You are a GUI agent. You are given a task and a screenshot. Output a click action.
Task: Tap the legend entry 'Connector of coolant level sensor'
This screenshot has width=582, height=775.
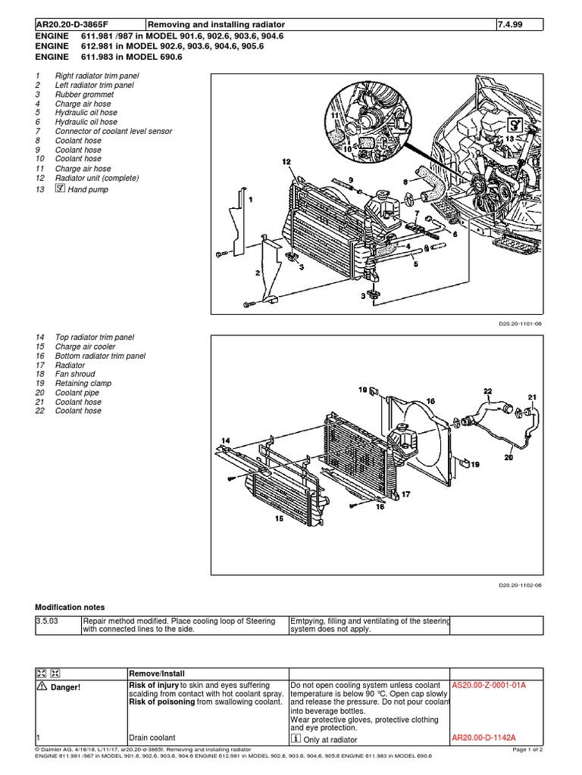[x=114, y=131]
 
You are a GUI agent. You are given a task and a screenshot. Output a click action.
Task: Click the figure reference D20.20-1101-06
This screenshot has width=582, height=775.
[x=521, y=323]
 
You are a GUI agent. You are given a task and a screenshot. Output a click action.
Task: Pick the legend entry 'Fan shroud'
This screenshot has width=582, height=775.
[x=76, y=374]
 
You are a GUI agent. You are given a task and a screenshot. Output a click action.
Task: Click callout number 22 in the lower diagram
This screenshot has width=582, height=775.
[x=487, y=391]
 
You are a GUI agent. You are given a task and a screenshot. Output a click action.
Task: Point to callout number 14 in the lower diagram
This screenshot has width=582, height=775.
[x=225, y=440]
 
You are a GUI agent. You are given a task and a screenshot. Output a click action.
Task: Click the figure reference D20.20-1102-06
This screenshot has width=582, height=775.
[x=521, y=584]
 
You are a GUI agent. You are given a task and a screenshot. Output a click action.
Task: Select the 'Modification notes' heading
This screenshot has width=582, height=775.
[x=70, y=607]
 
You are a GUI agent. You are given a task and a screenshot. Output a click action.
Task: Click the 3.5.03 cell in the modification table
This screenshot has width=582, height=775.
[x=47, y=621]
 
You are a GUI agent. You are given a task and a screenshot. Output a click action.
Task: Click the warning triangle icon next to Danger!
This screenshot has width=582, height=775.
[x=41, y=686]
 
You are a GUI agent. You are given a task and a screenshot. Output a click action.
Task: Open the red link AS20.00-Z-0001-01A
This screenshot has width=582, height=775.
[x=489, y=685]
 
